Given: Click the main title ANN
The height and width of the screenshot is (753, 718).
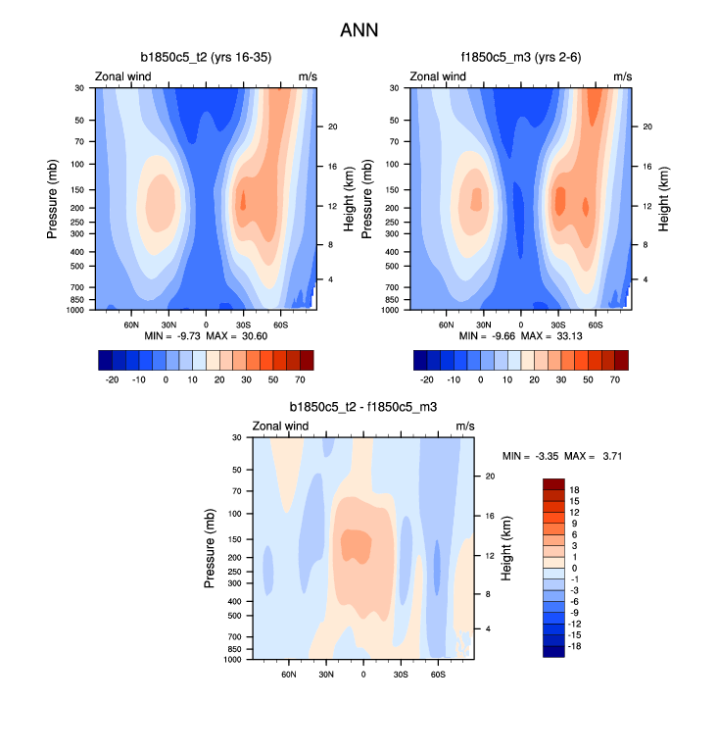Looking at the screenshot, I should [359, 30].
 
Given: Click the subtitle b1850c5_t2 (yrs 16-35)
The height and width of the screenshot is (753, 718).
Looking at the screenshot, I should [206, 58].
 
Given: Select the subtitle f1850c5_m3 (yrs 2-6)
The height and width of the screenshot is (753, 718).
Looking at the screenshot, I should [520, 58].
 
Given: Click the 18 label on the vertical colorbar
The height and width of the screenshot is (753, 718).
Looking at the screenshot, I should [575, 489].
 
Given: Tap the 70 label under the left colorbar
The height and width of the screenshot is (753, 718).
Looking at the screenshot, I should [300, 377].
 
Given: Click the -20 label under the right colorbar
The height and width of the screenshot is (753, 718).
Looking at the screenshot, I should [427, 377].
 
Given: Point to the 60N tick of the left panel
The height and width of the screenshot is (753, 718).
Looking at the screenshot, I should [131, 324].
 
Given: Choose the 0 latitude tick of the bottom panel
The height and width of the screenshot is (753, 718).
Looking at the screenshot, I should [363, 675].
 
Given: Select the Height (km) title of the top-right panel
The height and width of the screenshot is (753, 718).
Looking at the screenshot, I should [663, 198].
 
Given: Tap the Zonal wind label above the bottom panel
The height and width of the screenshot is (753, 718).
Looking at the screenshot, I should [280, 426].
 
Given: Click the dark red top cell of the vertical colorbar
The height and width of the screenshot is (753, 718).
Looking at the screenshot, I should [553, 483].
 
